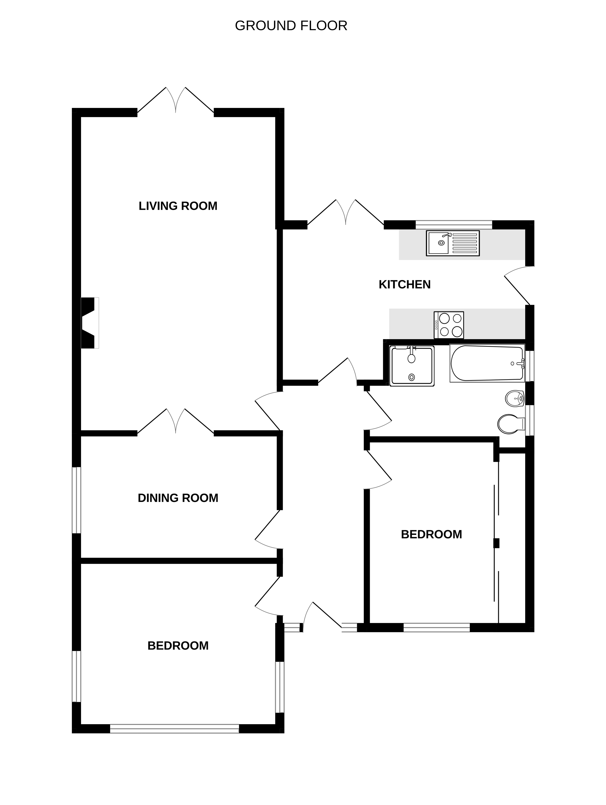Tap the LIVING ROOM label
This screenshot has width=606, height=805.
178,206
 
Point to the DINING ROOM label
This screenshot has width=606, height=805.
178,498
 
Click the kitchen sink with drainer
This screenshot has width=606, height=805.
453,243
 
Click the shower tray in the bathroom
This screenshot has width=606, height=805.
412,366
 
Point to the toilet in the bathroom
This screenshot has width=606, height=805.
511,424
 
